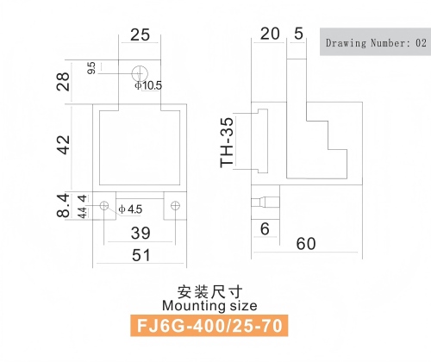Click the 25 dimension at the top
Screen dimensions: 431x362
141,35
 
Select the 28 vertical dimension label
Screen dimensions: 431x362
63,82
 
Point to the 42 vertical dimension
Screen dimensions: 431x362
64,145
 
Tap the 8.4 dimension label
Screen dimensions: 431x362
63,205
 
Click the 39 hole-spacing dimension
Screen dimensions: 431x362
141,233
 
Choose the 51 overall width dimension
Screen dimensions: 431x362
141,255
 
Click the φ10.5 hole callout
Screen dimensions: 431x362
148,85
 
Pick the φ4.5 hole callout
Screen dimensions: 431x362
130,209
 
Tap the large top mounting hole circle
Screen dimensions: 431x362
140,73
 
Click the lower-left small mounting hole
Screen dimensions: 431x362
104,205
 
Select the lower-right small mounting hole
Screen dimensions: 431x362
175,205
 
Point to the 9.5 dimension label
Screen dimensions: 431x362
91,68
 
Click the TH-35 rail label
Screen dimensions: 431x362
227,142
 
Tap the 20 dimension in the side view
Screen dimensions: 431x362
270,34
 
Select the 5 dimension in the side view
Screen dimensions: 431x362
298,34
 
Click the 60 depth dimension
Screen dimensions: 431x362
306,244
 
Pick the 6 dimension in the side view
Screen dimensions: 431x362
265,229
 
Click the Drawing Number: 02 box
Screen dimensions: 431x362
375,41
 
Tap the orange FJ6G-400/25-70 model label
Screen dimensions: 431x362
209,326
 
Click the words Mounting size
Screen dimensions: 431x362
209,306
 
